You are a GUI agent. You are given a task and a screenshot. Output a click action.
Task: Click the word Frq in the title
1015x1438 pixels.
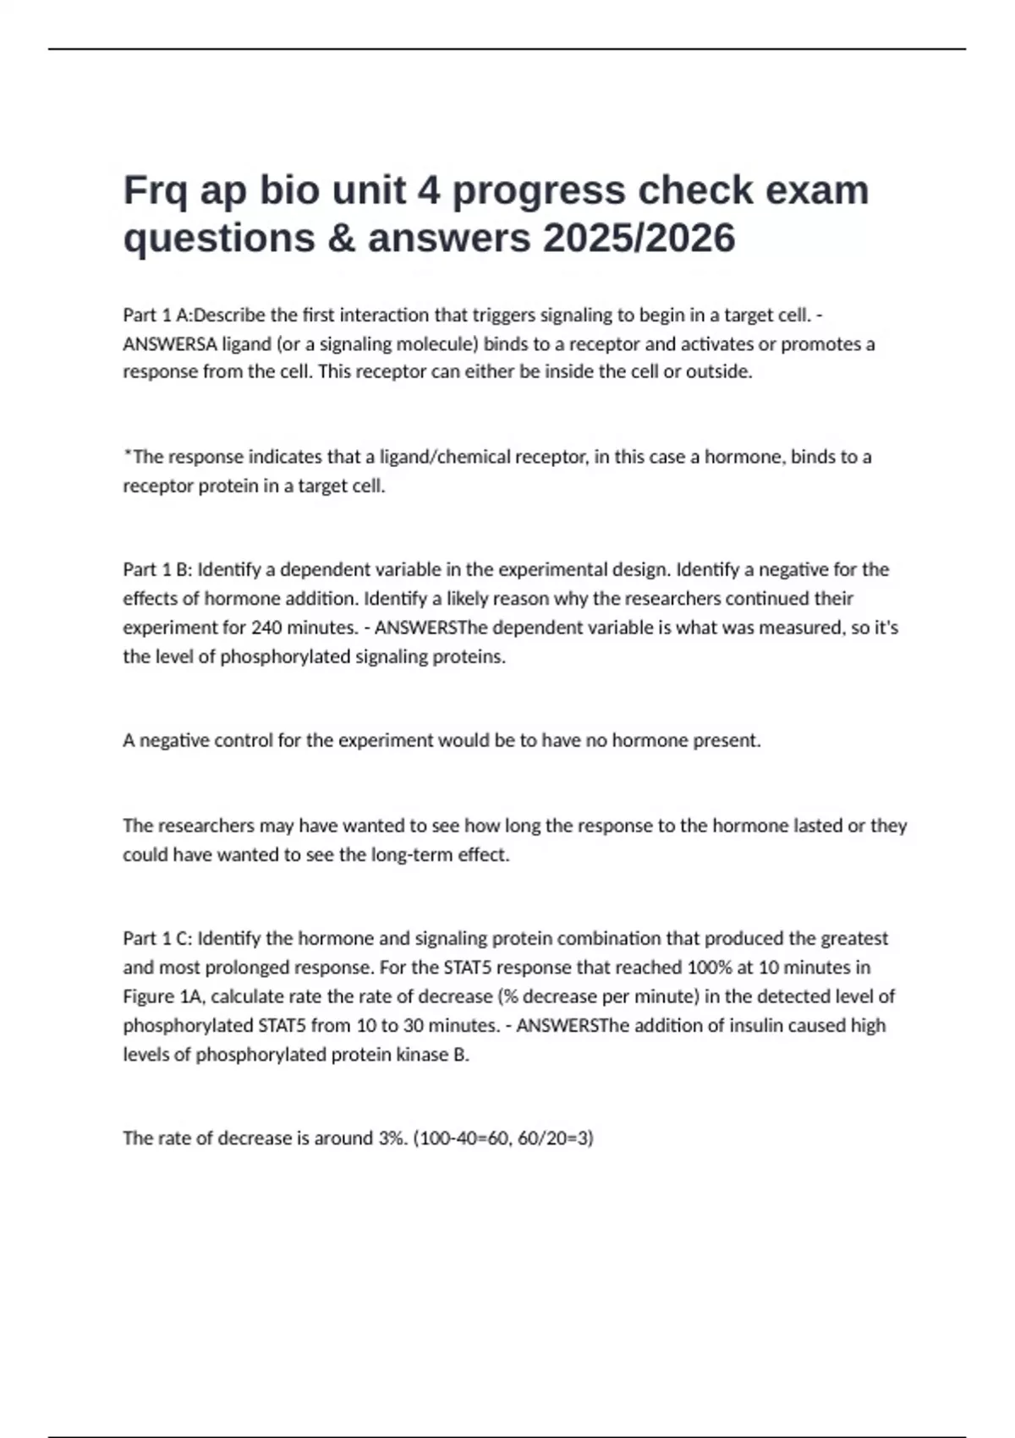(x=155, y=191)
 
